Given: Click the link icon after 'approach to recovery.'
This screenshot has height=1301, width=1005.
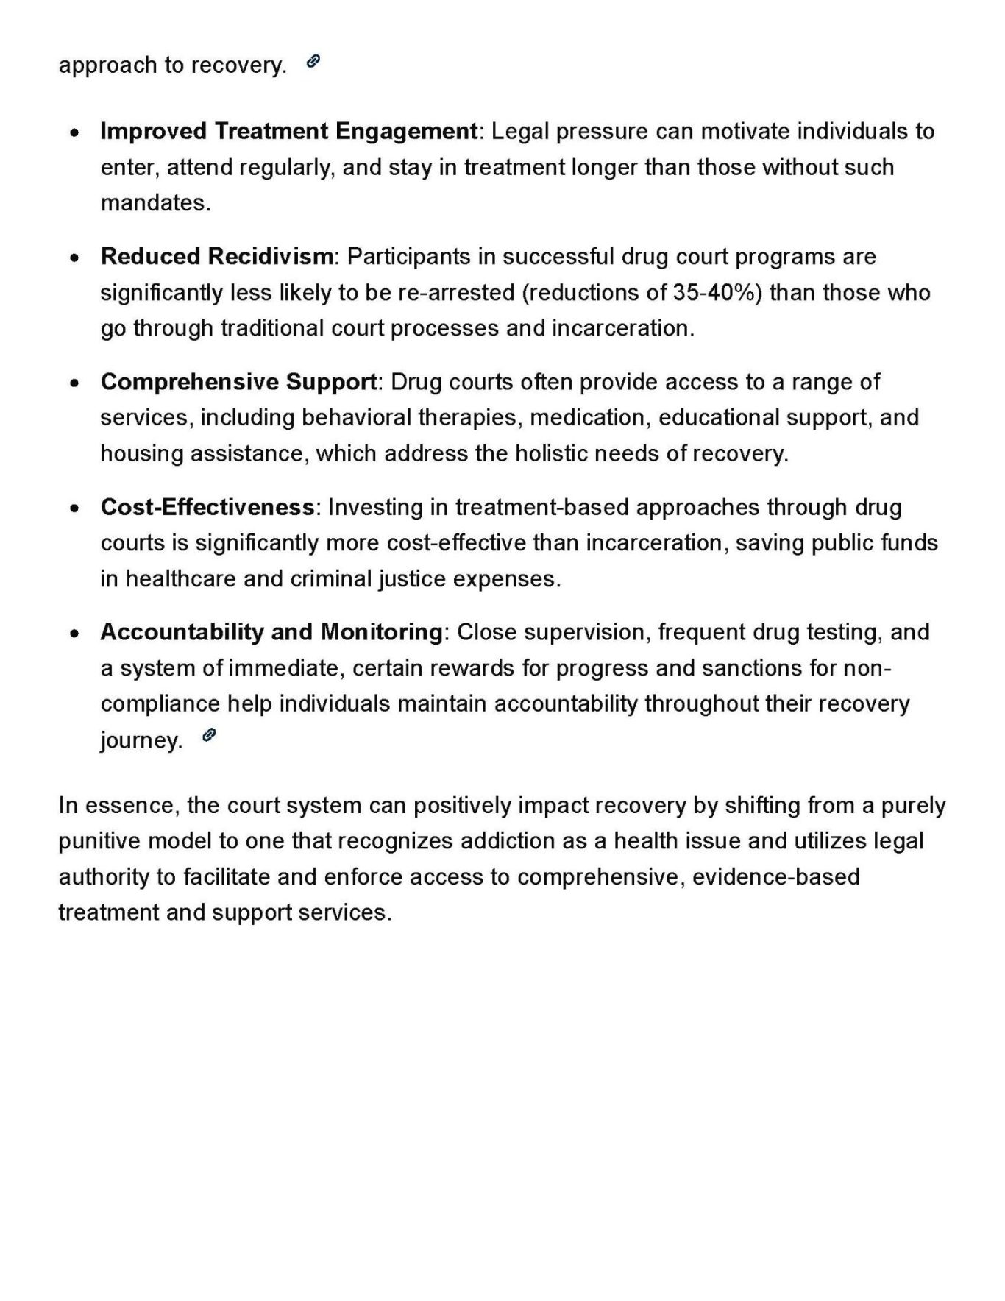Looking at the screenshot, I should tap(313, 62).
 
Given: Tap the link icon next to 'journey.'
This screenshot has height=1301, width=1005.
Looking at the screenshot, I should tap(209, 735).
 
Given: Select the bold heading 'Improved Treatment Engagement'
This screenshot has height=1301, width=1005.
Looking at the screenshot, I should tap(288, 132).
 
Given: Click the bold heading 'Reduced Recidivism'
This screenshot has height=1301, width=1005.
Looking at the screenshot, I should tap(216, 257).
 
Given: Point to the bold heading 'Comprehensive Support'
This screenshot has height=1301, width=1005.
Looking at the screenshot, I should tap(238, 382).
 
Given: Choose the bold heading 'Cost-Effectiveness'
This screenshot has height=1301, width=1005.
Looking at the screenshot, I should tap(207, 508).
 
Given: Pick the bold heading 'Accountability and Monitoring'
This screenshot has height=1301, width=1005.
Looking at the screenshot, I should tap(271, 632).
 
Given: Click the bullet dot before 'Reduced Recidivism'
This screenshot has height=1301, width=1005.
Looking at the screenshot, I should tap(74, 258).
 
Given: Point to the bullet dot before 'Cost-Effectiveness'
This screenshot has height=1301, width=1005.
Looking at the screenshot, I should tap(74, 508).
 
